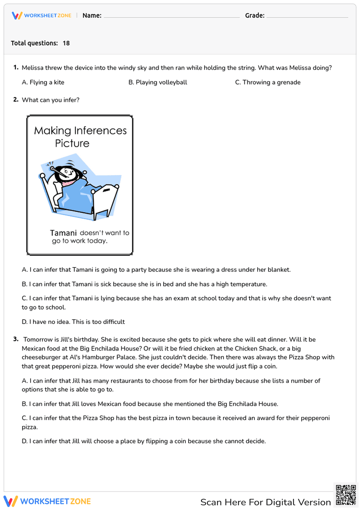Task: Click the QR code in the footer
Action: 346,495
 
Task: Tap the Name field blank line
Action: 171,16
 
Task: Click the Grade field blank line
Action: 307,16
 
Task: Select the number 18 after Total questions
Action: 66,43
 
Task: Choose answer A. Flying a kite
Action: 43,82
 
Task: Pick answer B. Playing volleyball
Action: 158,82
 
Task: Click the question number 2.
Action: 16,100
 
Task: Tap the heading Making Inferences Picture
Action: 80,137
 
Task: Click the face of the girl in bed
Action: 66,174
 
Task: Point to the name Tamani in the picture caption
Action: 63,233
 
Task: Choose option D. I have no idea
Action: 73,322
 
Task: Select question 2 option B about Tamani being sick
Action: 144,284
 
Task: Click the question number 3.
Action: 16,339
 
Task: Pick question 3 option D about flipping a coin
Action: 144,441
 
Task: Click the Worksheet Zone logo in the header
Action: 42,15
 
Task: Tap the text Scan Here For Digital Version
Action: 265,502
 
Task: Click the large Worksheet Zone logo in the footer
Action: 47,501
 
